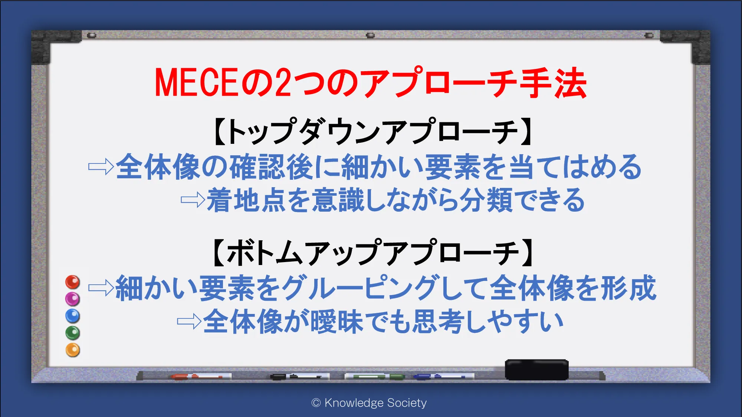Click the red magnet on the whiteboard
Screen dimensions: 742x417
(73, 282)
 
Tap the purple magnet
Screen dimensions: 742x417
(73, 299)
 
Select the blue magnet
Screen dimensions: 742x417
(73, 316)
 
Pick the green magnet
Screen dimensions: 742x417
(73, 333)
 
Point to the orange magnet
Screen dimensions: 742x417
(73, 350)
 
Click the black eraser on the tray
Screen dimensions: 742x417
(537, 370)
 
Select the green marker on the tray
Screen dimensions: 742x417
(375, 377)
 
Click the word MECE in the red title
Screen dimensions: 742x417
(196, 83)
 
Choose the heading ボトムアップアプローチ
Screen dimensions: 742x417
(373, 252)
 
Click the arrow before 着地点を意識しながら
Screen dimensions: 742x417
(193, 200)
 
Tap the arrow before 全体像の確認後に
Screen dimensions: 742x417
(101, 166)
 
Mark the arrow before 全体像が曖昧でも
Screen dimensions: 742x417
(189, 321)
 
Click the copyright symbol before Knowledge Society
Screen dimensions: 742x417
(316, 403)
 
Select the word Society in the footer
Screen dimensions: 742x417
(407, 403)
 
